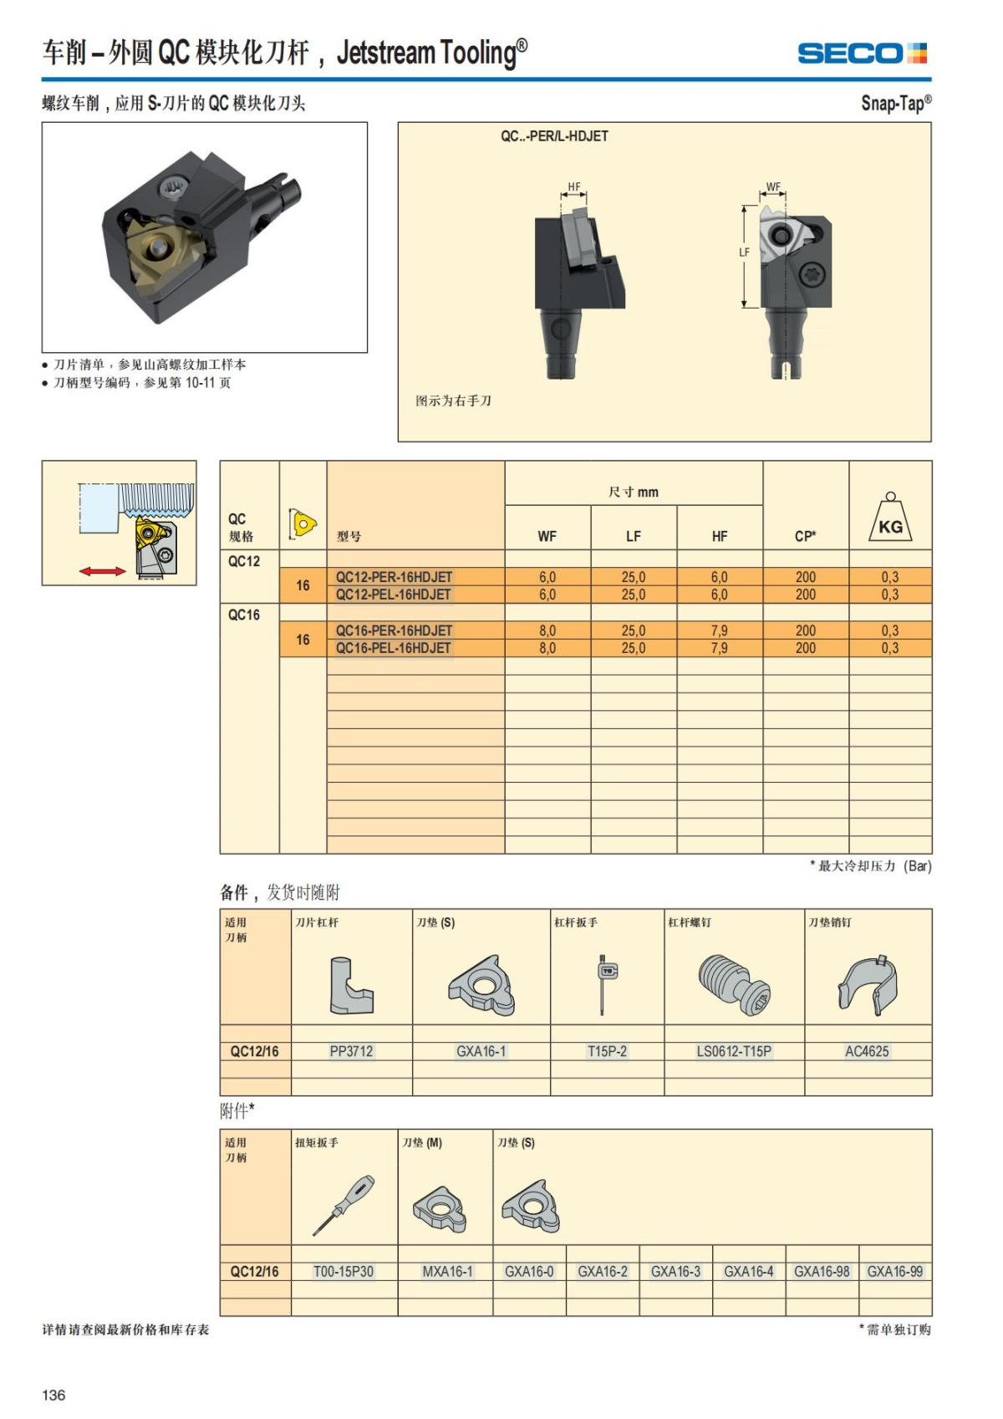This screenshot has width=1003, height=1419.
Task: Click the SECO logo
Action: (862, 54)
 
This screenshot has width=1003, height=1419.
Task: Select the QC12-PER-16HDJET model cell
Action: (394, 577)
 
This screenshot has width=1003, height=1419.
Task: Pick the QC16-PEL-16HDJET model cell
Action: (393, 648)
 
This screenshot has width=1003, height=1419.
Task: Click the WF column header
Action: (547, 537)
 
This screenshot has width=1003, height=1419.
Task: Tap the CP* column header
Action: (805, 537)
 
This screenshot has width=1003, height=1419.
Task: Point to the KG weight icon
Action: (890, 518)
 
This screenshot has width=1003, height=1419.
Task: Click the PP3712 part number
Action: (351, 1051)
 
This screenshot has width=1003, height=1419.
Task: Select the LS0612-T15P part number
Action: (734, 1051)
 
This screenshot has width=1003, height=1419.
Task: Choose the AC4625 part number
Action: (867, 1051)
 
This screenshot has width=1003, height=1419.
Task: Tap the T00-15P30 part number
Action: (344, 1271)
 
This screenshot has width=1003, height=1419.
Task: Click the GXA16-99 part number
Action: (894, 1271)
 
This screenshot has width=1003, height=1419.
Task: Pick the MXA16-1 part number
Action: (447, 1271)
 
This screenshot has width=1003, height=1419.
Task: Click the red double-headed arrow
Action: (103, 571)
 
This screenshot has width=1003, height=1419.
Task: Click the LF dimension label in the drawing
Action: (744, 252)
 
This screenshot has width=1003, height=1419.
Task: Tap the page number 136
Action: (53, 1395)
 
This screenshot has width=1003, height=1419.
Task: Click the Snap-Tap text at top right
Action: (895, 104)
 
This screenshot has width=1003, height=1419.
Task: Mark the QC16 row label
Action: (244, 615)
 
